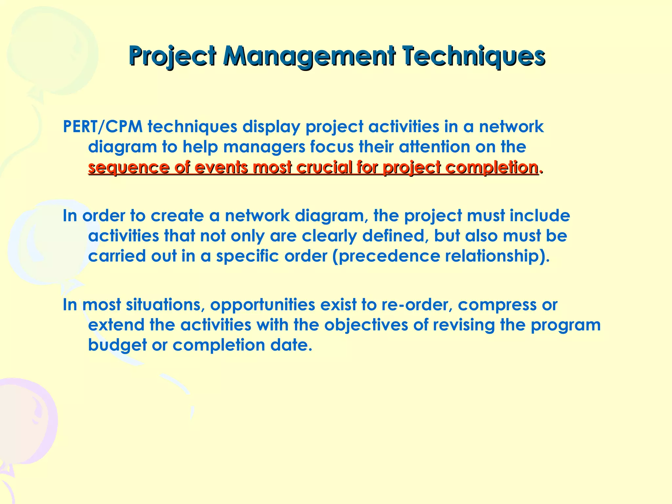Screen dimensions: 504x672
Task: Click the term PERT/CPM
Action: (103, 127)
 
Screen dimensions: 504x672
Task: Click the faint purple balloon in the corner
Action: (26, 423)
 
